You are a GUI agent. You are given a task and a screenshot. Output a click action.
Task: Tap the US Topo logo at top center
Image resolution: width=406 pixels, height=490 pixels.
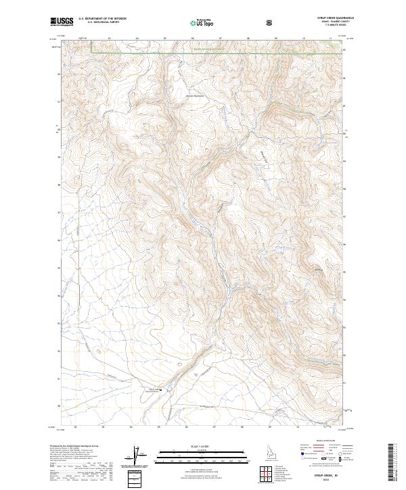[x=195, y=23]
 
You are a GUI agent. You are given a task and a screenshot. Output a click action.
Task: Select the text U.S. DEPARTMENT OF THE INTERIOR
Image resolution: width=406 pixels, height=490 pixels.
[x=102, y=20]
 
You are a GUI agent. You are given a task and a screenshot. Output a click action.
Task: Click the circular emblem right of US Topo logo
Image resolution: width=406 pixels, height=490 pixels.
[x=271, y=22]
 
